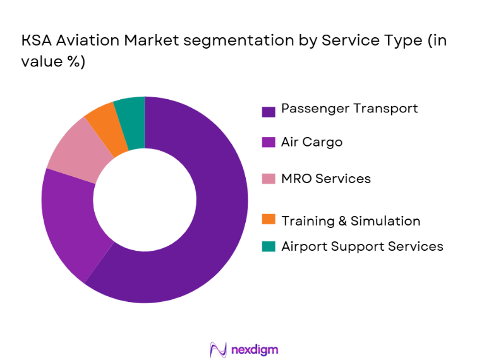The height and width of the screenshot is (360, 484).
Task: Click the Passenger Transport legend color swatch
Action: click(269, 112)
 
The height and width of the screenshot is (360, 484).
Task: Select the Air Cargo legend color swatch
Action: click(269, 143)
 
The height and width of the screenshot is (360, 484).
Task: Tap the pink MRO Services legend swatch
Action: click(269, 179)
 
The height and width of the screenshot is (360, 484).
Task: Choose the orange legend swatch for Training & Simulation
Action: click(269, 220)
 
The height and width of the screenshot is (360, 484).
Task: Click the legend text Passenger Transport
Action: click(349, 109)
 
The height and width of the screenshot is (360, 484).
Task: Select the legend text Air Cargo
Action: click(312, 142)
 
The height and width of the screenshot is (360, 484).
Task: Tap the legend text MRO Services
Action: click(326, 179)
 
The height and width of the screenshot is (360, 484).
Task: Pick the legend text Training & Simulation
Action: click(351, 221)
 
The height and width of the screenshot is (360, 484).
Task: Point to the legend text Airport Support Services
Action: click(362, 246)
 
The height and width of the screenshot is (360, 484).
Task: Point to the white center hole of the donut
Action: click(145, 200)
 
